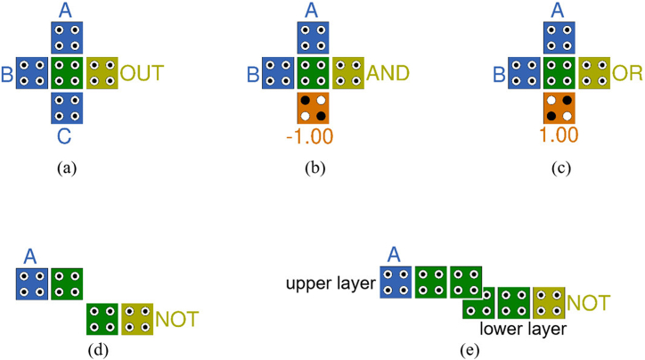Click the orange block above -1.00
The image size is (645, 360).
314,108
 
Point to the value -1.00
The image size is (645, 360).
314,136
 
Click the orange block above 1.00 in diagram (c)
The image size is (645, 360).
559,108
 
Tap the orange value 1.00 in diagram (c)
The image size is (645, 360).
559,136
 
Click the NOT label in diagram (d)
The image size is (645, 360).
177,318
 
